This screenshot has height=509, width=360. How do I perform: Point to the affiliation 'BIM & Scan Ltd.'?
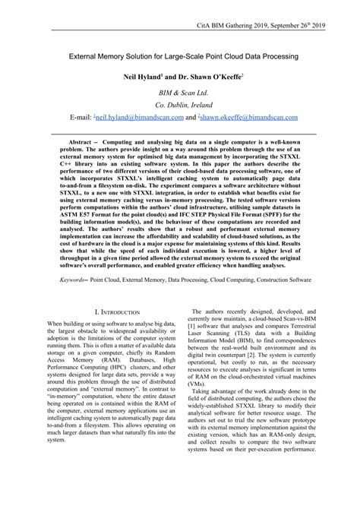tap(180, 93)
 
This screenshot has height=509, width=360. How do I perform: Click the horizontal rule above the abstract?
tap(179, 134)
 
